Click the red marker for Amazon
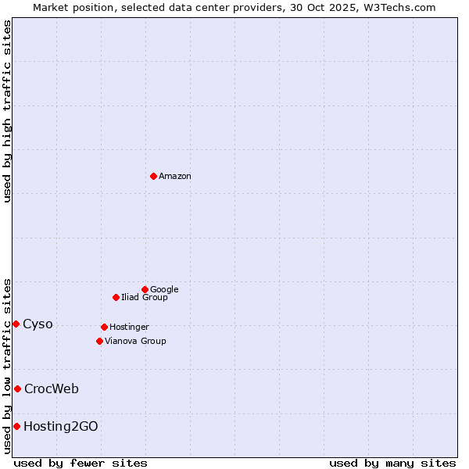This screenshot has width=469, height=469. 153,176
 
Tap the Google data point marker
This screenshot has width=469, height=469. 145,289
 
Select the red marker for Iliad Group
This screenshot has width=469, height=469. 116,297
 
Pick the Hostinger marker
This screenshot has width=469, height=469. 104,327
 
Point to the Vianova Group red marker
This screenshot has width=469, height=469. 99,341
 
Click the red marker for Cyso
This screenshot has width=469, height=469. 16,324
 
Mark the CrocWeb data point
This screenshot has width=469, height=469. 17,388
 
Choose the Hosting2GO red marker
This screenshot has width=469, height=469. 16,426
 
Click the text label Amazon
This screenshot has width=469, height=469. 175,176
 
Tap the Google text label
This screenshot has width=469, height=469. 164,289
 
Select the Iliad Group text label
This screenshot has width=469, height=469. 145,297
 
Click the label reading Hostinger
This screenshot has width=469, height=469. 129,327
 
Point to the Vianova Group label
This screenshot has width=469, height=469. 135,341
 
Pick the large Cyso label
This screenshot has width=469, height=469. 38,324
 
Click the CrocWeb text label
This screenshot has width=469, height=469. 52,388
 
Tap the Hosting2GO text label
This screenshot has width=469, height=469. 61,426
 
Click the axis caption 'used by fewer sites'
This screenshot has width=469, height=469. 81,463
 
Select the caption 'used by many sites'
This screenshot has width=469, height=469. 392,463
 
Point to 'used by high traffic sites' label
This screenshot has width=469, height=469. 7,111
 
